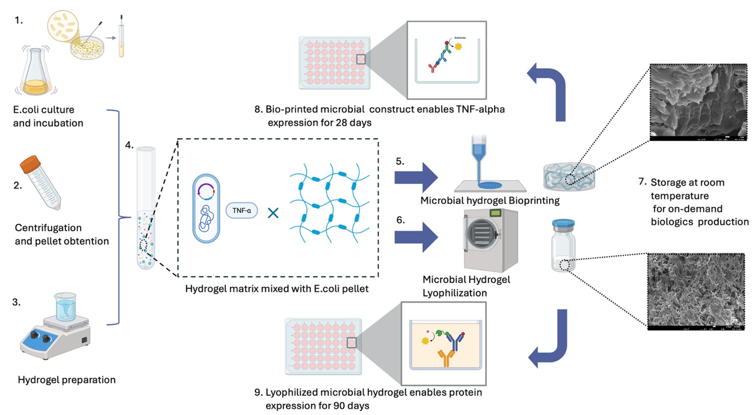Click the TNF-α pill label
pyautogui.click(x=242, y=210)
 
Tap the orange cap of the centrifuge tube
pyautogui.click(x=30, y=164)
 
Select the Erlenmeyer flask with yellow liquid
pyautogui.click(x=36, y=74)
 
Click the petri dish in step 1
pyautogui.click(x=87, y=48)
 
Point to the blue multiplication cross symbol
pyautogui.click(x=273, y=212)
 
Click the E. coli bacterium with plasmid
pyautogui.click(x=206, y=208)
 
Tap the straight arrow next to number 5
pyautogui.click(x=416, y=178)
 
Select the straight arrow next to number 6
pyautogui.click(x=416, y=237)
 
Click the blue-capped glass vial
pyautogui.click(x=563, y=245)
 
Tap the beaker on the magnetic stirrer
pyautogui.click(x=65, y=307)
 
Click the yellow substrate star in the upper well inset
pyautogui.click(x=458, y=46)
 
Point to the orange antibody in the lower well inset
pyautogui.click(x=446, y=357)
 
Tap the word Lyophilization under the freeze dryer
pyautogui.click(x=454, y=293)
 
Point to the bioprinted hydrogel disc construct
pyautogui.click(x=569, y=177)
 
